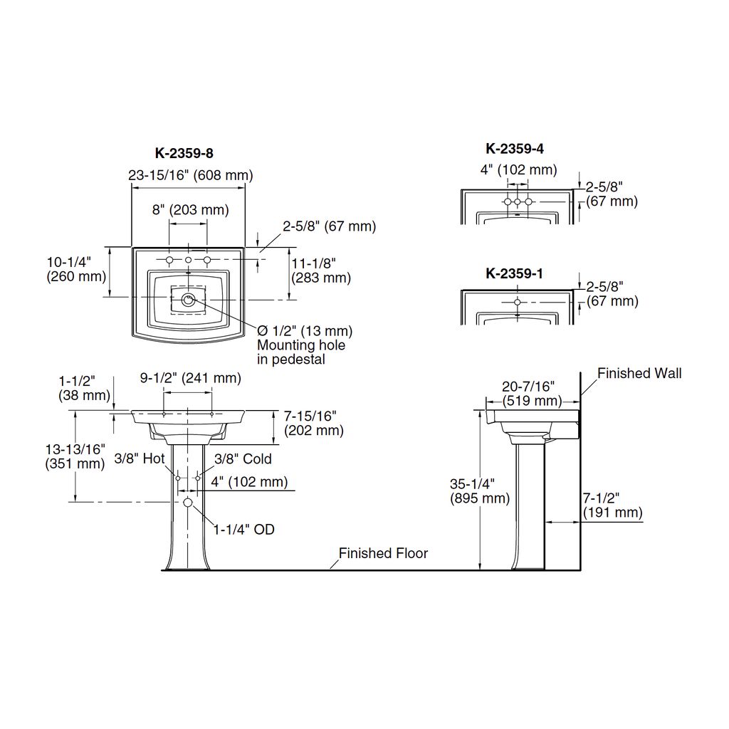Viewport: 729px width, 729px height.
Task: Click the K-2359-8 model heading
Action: click(184, 153)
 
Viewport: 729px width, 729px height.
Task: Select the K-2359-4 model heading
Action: click(515, 149)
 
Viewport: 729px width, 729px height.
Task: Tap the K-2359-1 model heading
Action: click(514, 273)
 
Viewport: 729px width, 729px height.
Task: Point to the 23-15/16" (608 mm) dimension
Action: click(191, 175)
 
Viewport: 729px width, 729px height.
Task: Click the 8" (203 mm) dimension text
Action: click(191, 210)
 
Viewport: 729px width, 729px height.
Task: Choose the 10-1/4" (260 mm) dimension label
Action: click(76, 269)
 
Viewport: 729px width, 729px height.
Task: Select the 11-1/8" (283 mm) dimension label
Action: click(321, 271)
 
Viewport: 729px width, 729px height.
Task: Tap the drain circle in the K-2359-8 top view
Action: click(188, 300)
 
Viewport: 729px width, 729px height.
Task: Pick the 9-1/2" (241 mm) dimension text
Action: click(191, 378)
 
